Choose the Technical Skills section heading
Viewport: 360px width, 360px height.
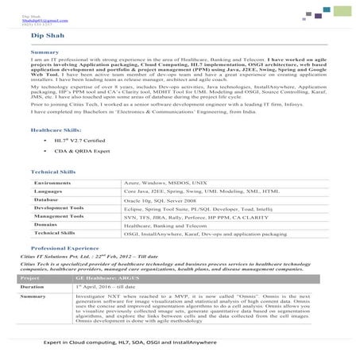pos(53,172)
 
